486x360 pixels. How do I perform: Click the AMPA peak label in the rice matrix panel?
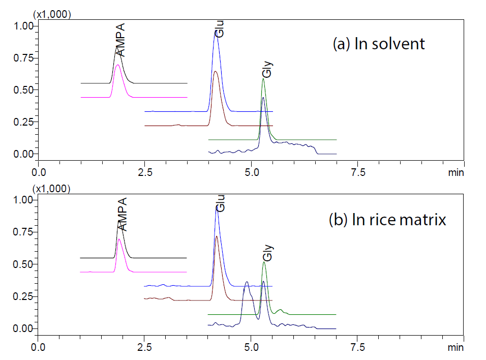click(121, 215)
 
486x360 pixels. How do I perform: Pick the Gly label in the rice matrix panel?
click(268, 253)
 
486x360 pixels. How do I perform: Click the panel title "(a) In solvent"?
click(378, 44)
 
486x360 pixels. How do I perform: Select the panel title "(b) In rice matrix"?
click(388, 220)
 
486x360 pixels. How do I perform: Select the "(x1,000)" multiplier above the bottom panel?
click(52, 189)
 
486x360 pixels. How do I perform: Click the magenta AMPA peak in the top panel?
click(118, 66)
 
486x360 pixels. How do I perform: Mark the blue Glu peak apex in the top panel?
click(216, 32)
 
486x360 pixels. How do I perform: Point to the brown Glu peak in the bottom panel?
click(217, 237)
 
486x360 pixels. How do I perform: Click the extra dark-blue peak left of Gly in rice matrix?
click(247, 282)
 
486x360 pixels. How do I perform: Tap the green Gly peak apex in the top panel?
click(263, 79)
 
